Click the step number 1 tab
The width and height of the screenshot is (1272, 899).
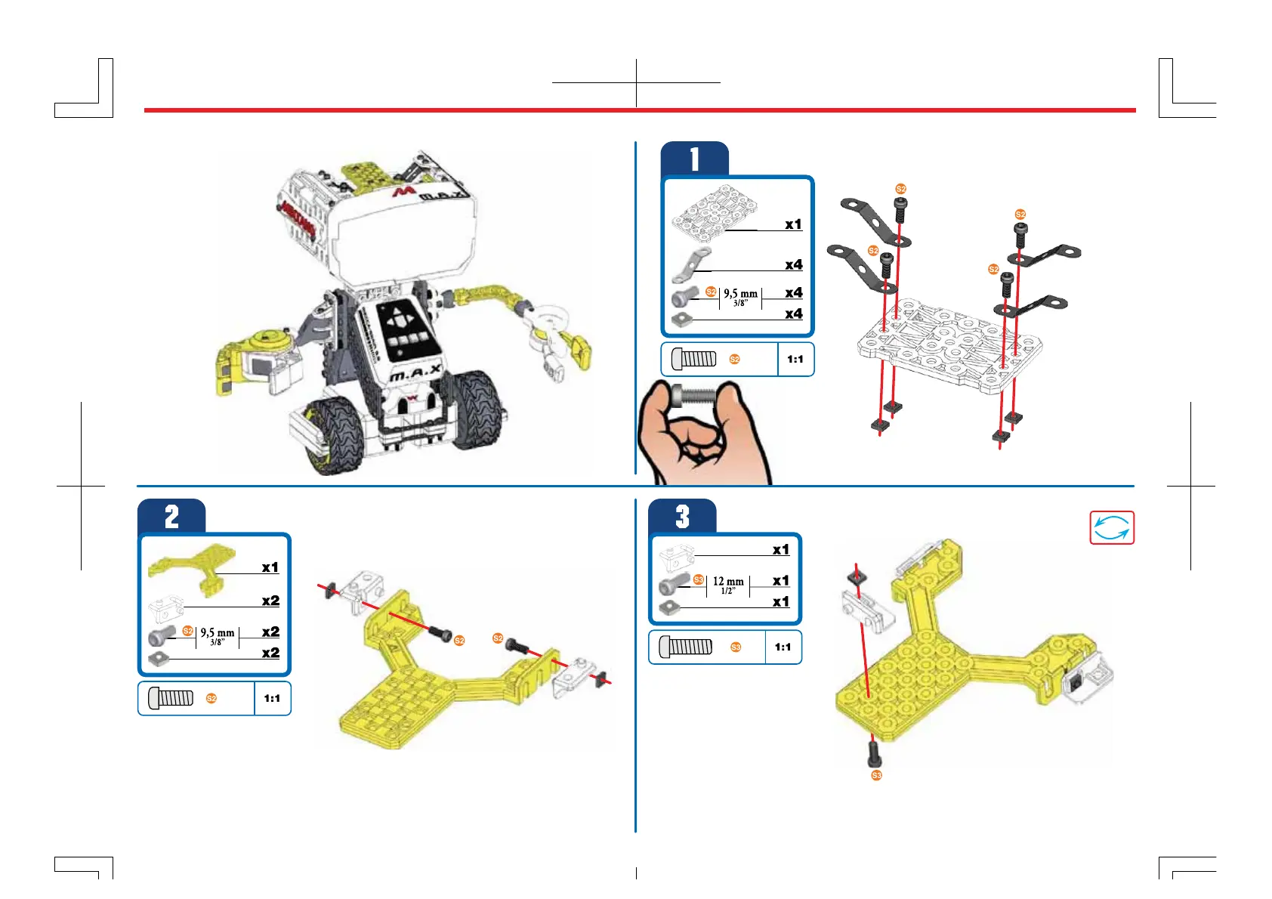coord(694,159)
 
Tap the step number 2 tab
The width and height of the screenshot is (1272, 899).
coord(171,517)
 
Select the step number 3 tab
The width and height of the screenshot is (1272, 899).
coord(682,517)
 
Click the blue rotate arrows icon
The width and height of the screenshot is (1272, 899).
coord(1112,527)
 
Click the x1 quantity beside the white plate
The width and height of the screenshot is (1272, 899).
coord(793,224)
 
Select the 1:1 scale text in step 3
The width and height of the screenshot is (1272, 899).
coord(783,647)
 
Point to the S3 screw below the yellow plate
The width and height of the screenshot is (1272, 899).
coord(875,752)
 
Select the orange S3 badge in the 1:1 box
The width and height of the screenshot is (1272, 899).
coord(736,647)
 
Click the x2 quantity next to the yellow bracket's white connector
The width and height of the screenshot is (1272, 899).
coord(270,601)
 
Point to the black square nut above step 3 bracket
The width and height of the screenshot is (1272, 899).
coord(857,578)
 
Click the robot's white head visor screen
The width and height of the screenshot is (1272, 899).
coord(403,236)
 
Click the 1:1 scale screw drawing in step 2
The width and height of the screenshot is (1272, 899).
coord(171,698)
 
